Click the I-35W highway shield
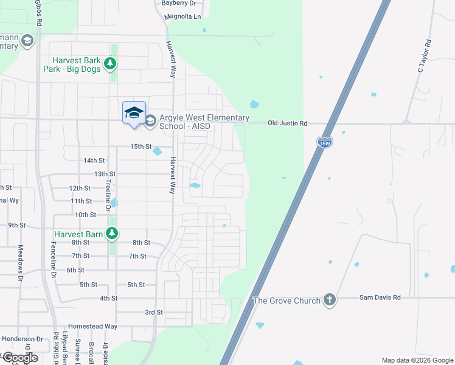tap(325, 143)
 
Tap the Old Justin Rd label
tap(288, 123)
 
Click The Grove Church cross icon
tap(330, 300)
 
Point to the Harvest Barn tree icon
tap(111, 233)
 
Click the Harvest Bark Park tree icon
tap(110, 63)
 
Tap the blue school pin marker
tap(134, 113)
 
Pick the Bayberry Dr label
tap(179, 3)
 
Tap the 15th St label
tap(140, 147)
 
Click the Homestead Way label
tap(92, 326)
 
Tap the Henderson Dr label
tap(23, 339)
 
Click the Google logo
tap(19, 358)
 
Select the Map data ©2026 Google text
tap(417, 360)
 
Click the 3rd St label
tap(154, 312)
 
